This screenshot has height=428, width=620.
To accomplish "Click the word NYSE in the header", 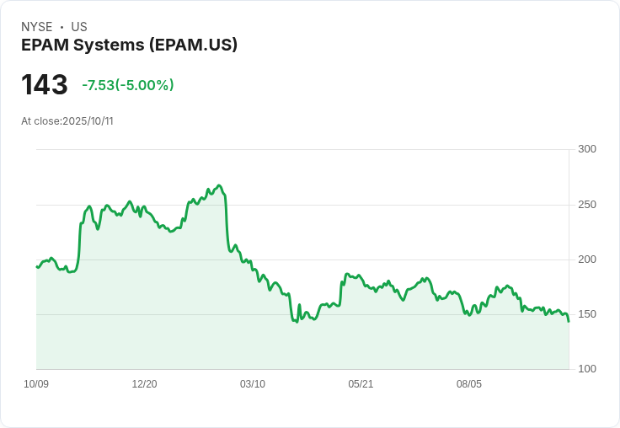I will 37,27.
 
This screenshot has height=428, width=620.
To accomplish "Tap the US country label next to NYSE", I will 79,27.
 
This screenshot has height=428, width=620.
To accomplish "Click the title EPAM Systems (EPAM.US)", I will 129,45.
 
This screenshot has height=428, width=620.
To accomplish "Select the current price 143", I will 45,84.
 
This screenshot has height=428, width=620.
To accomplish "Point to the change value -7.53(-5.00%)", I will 128,85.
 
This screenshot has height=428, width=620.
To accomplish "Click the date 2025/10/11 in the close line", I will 88,121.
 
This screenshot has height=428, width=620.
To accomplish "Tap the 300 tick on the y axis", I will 587,149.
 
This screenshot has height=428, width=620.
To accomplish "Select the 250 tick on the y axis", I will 587,205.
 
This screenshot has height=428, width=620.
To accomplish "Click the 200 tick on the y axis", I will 587,259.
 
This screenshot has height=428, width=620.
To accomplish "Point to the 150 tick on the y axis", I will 587,314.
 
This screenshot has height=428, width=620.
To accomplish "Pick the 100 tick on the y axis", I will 587,369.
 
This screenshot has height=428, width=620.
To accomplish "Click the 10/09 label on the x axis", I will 36,384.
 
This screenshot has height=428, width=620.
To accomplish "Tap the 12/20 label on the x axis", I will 144,384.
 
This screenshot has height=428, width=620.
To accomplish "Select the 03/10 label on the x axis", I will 253,384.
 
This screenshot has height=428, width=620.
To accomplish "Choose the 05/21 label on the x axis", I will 361,384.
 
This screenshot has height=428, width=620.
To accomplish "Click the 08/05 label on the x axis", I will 469,384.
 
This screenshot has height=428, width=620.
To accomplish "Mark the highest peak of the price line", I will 219,185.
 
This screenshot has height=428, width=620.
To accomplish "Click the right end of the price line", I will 569,321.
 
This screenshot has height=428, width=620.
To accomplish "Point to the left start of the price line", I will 37,267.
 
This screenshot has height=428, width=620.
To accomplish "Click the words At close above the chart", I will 40,121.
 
